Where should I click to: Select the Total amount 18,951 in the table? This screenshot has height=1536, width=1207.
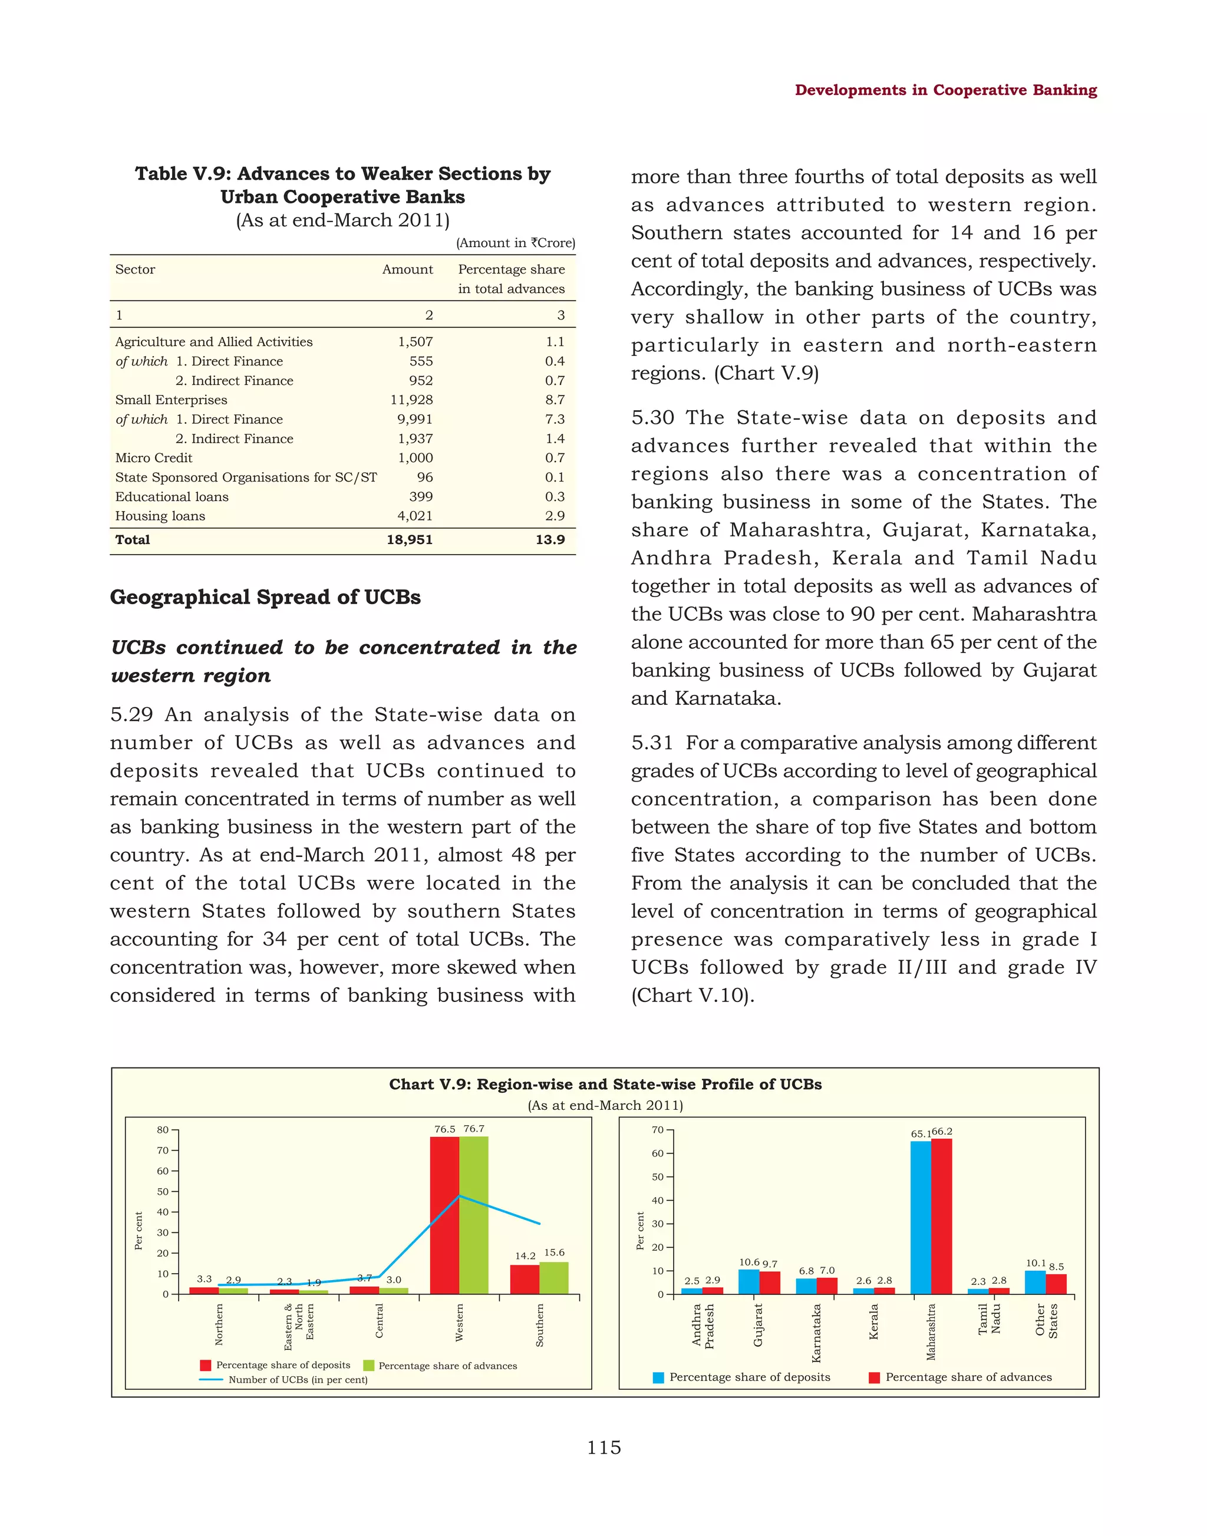[409, 540]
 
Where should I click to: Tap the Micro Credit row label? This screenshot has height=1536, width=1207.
[153, 458]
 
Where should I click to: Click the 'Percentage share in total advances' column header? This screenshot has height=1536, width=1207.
[511, 279]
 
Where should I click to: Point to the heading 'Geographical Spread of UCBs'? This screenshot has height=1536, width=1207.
[265, 597]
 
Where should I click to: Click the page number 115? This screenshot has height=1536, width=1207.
[603, 1448]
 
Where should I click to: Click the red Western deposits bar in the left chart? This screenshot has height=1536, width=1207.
[444, 1216]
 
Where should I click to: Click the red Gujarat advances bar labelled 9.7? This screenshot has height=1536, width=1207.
[770, 1283]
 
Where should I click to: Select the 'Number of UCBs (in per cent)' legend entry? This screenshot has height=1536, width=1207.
[298, 1380]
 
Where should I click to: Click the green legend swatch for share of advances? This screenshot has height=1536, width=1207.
[368, 1366]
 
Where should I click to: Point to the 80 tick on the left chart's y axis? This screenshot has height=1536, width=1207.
[163, 1129]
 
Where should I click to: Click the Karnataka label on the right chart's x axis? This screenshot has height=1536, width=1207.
[816, 1333]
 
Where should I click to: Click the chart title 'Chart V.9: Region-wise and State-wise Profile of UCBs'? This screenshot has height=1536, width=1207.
[605, 1085]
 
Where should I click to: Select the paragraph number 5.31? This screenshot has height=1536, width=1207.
[652, 743]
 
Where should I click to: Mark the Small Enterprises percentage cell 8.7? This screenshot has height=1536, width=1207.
[554, 400]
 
